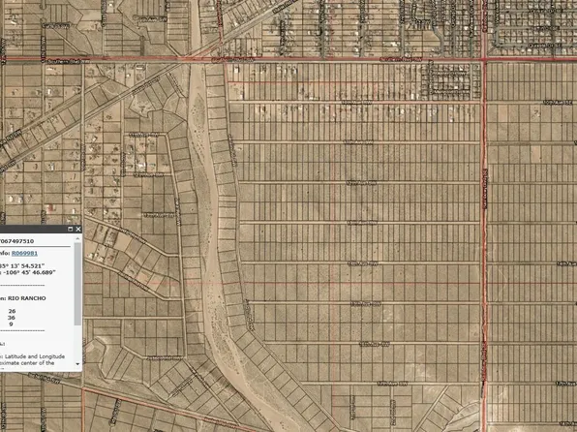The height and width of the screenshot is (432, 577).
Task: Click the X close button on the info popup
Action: [x=78, y=229]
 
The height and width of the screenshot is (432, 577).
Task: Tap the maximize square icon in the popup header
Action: [x=71, y=229]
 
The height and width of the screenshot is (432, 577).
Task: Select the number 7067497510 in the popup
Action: [x=16, y=241]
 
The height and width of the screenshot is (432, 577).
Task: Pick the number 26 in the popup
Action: [x=12, y=311]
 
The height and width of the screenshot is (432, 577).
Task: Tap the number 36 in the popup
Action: [x=12, y=318]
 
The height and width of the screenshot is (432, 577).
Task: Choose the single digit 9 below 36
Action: [x=12, y=324]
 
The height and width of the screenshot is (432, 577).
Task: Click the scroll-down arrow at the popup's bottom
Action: [x=78, y=365]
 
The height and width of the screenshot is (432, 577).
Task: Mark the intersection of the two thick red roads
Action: [x=484, y=60]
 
